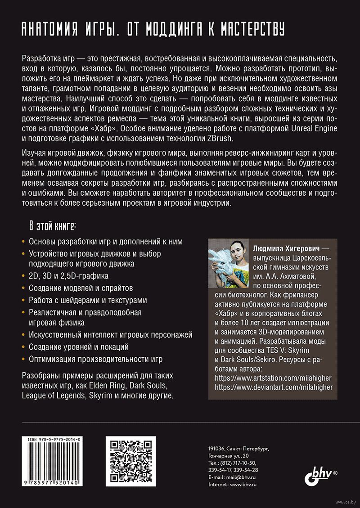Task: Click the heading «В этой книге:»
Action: pos(53,225)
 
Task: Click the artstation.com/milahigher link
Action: pos(274,378)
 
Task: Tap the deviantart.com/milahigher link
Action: pos(274,387)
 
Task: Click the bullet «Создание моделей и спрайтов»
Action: pos(81,288)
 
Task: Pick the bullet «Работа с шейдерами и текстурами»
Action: pos(88,300)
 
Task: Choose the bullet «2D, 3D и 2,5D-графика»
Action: pos(68,276)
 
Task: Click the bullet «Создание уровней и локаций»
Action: pos(79,347)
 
